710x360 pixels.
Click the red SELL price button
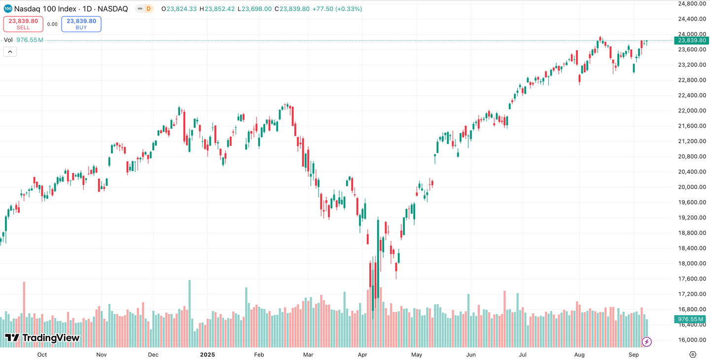23,24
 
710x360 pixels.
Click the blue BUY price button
81,24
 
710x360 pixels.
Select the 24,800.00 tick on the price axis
692,3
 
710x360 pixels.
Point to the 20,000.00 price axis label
692,187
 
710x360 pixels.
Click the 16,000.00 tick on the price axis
692,340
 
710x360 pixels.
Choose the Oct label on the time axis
42,355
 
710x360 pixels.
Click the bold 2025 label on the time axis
207,355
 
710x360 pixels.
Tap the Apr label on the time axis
363,355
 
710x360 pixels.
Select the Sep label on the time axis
634,355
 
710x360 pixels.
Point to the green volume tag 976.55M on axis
691,319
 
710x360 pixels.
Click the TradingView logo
42,338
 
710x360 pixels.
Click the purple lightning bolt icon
647,341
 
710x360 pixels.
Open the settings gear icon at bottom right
693,355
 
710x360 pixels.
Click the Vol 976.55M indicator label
24,40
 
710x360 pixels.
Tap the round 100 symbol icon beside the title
8,9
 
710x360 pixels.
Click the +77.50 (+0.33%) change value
337,9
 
